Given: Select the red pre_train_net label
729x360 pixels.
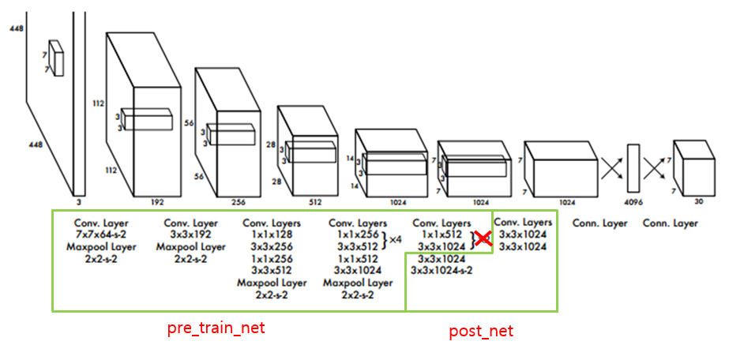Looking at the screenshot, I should click(216, 328).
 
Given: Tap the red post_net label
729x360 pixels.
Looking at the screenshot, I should click(480, 331).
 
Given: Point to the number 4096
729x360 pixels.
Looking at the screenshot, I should click(633, 201).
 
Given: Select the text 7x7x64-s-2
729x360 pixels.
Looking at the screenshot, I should click(101, 235).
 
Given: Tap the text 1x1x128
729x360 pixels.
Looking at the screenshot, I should click(271, 235).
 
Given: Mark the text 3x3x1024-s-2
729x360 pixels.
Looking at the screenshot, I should click(442, 271).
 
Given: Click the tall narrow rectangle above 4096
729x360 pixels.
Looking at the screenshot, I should click(633, 168).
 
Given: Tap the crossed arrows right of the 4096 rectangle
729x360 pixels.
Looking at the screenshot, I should click(654, 167).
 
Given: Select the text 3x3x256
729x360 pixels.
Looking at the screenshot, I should click(271, 247).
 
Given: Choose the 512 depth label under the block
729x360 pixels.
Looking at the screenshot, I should click(315, 201).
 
